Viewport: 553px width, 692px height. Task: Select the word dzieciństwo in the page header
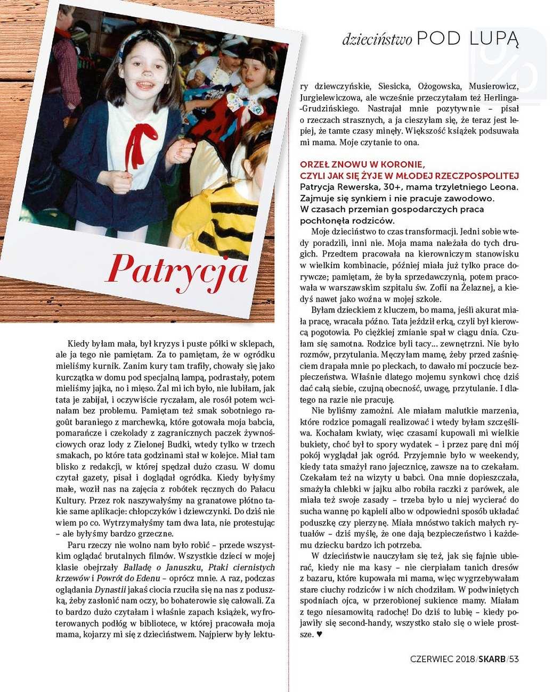pos(377,39)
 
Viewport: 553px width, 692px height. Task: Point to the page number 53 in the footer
pos(514,659)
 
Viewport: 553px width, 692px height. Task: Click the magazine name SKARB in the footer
pos(492,659)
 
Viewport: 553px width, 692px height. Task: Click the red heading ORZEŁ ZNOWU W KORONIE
pos(362,164)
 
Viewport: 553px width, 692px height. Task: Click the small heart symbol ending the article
pos(319,635)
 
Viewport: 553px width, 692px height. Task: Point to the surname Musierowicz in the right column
pos(494,86)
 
